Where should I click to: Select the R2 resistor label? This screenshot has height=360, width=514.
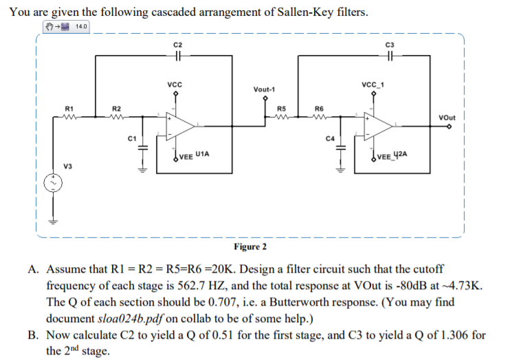click(116, 109)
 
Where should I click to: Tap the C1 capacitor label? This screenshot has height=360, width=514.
click(131, 139)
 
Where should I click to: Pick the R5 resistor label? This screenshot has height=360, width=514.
click(281, 109)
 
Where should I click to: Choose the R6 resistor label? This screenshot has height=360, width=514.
click(318, 109)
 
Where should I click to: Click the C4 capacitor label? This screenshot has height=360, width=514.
click(330, 139)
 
